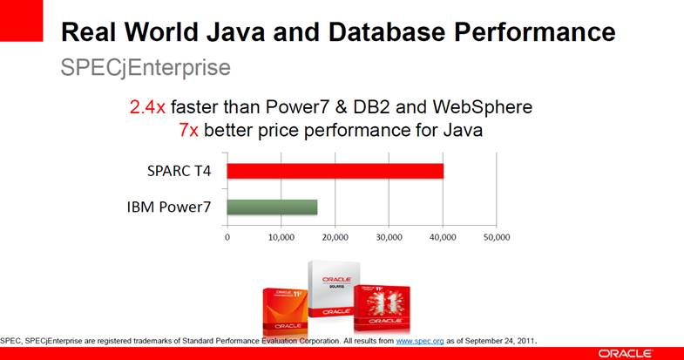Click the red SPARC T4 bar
point(335,171)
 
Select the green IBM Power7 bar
point(272,207)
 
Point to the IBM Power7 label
point(172,207)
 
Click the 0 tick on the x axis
point(227,236)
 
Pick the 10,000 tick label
point(281,236)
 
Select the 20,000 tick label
point(335,236)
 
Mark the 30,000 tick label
point(389,236)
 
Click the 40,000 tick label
point(442,236)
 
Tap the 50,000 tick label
point(496,236)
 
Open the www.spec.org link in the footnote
point(422,340)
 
